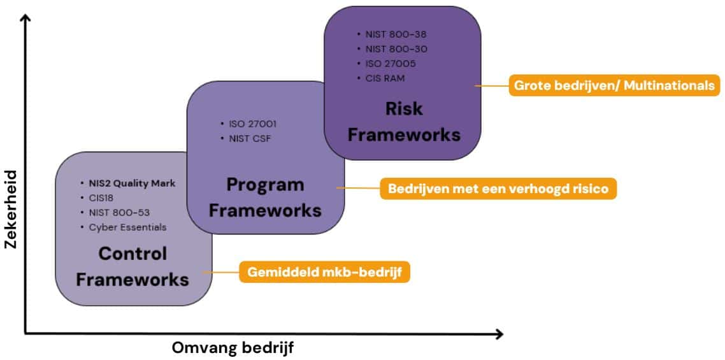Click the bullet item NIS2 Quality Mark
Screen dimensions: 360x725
(132, 184)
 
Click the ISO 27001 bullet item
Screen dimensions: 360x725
(252, 124)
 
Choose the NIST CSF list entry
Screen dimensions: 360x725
(250, 138)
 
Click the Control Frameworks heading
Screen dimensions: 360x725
(133, 266)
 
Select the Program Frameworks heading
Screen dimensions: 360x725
(265, 198)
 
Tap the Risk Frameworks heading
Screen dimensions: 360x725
(404, 121)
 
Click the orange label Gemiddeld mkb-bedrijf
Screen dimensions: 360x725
(324, 273)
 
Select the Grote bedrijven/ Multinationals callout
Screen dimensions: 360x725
(614, 85)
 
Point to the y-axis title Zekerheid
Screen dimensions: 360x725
(10, 209)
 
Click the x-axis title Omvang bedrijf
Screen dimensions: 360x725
(233, 349)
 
